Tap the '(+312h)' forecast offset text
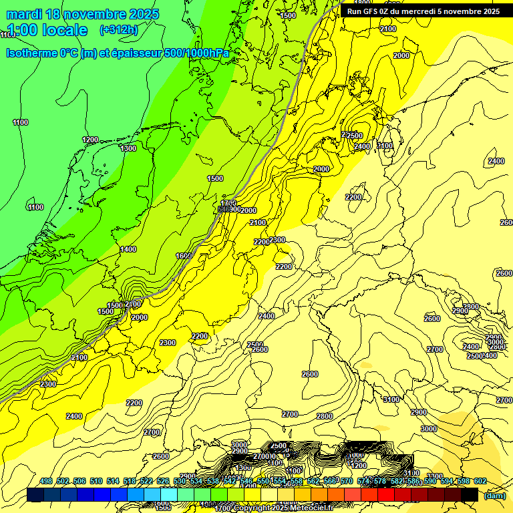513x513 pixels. [x=119, y=30]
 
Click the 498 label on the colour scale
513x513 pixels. [x=46, y=482]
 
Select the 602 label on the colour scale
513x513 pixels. [x=480, y=482]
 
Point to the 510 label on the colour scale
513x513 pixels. [x=96, y=482]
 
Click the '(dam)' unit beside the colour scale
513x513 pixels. [x=495, y=495]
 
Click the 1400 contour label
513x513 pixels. [x=128, y=249]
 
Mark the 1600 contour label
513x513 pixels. [x=184, y=256]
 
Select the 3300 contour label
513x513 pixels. [x=434, y=458]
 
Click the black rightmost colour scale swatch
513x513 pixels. [x=470, y=495]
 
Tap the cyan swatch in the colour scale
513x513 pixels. [x=169, y=495]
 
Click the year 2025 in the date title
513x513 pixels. [x=144, y=14]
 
